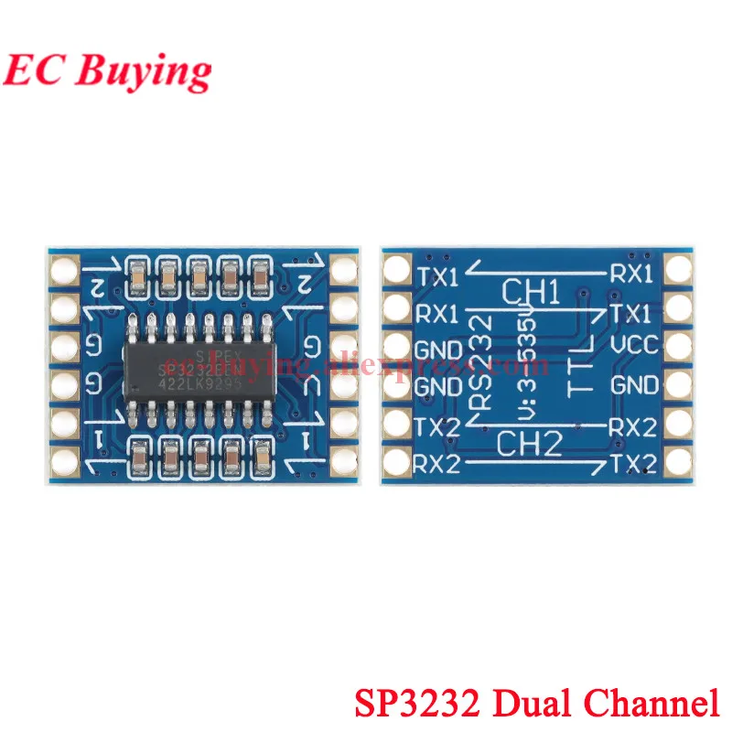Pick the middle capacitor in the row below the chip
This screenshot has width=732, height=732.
coord(200,455)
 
